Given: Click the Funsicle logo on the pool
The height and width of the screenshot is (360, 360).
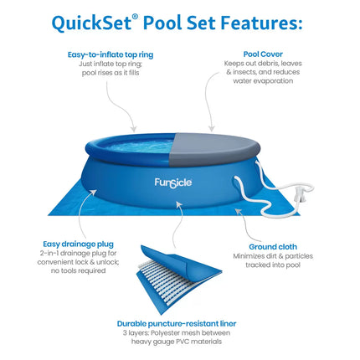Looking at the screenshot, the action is (x=173, y=183).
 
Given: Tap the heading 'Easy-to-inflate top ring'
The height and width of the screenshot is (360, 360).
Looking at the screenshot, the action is (x=111, y=54).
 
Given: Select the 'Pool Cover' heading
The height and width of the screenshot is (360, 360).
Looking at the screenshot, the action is (x=263, y=54).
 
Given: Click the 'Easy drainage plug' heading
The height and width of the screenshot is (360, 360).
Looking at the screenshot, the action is (x=78, y=244).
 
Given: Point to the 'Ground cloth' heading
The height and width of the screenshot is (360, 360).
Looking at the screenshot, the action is (x=273, y=247).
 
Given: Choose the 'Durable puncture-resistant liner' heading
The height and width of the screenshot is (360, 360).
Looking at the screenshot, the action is (x=177, y=324).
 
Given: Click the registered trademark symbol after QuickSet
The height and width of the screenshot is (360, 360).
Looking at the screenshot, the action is (x=135, y=17).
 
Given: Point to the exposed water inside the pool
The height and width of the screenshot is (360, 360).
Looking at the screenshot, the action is (x=141, y=146).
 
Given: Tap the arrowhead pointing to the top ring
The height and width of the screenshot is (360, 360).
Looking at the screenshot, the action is (x=134, y=129).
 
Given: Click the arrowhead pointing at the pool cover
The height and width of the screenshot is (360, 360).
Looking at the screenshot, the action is (x=212, y=128).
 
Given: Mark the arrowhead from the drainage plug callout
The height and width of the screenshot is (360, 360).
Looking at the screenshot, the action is (x=94, y=193).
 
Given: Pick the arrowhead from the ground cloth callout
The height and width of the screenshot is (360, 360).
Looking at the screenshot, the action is (x=238, y=211).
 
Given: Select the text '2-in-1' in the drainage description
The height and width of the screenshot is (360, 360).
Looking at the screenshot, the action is (x=49, y=254).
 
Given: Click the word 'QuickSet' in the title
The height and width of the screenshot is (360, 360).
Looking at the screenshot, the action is (x=91, y=23).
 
